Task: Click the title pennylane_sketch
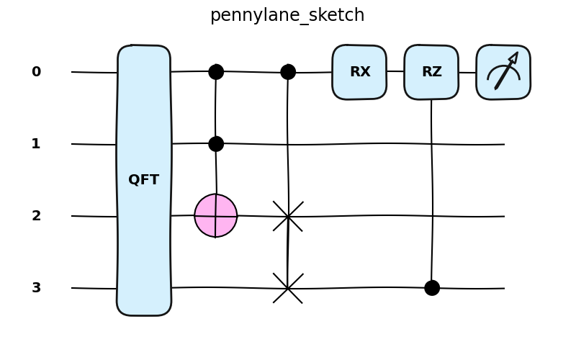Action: pos(287,15)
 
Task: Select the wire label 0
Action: pos(36,72)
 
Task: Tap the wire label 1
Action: pos(36,144)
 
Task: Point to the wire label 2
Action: pos(36,216)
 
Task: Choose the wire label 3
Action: pos(36,288)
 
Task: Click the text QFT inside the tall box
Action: pos(143,180)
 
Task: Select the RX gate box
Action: pos(359,72)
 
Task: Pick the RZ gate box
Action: pos(431,72)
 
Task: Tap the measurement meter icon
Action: pos(503,72)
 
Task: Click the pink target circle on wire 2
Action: pos(216,215)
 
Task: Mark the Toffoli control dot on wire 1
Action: pos(216,144)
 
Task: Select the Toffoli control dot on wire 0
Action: pos(216,72)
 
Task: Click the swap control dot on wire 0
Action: pos(288,72)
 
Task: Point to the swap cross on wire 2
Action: pos(288,216)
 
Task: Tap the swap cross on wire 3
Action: pos(288,288)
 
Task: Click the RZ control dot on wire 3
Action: pos(432,288)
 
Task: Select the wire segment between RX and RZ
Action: pos(395,71)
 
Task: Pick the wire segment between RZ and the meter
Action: pos(467,72)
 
